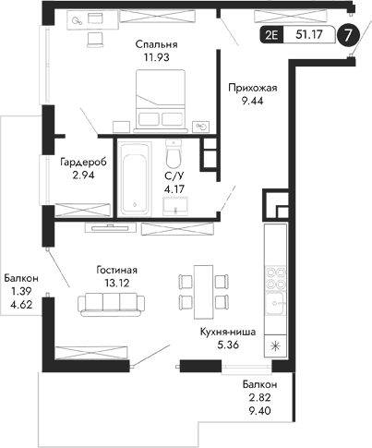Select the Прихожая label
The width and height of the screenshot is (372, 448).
point(252,88)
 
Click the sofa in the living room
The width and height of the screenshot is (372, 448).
point(109,303)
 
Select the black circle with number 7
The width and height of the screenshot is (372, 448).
point(347,37)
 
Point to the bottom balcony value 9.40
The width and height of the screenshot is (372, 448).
point(259,414)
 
